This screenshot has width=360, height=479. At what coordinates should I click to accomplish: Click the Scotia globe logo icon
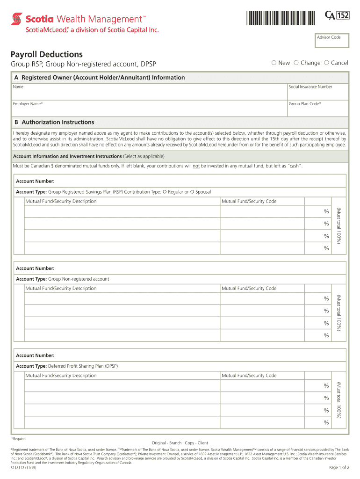click(17, 20)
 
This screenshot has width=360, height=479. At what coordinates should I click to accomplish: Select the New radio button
click(274, 63)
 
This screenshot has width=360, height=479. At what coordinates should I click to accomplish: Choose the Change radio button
click(296, 63)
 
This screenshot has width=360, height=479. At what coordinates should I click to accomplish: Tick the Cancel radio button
click(326, 63)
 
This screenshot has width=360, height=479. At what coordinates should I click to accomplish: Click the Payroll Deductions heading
click(47, 54)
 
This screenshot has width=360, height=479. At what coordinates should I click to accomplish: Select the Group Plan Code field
click(317, 109)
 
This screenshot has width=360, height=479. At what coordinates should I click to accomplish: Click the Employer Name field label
click(28, 103)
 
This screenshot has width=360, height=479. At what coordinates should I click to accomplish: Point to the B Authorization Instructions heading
click(54, 122)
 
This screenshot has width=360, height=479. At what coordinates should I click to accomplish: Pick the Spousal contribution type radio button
click(192, 192)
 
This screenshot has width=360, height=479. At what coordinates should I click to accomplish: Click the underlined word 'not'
click(196, 166)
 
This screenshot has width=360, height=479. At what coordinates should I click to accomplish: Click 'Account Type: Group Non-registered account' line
click(63, 279)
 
